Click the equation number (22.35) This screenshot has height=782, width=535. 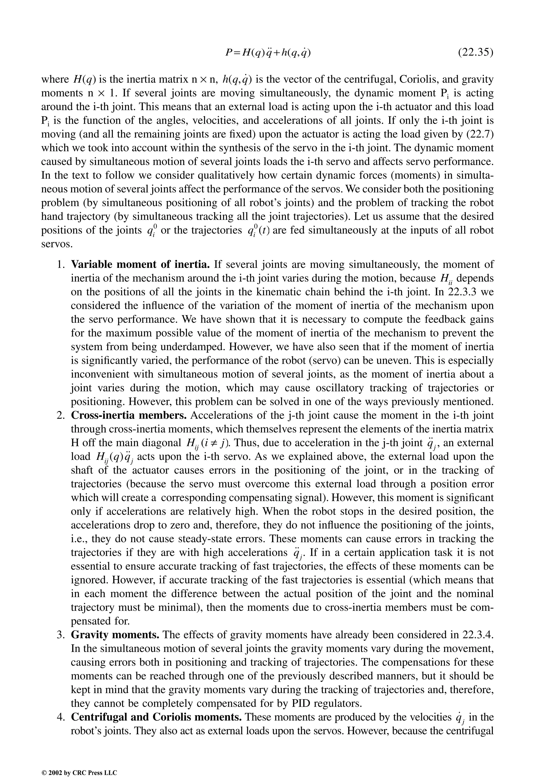coord(475,53)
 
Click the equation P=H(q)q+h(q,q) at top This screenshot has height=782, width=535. coord(267,53)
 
